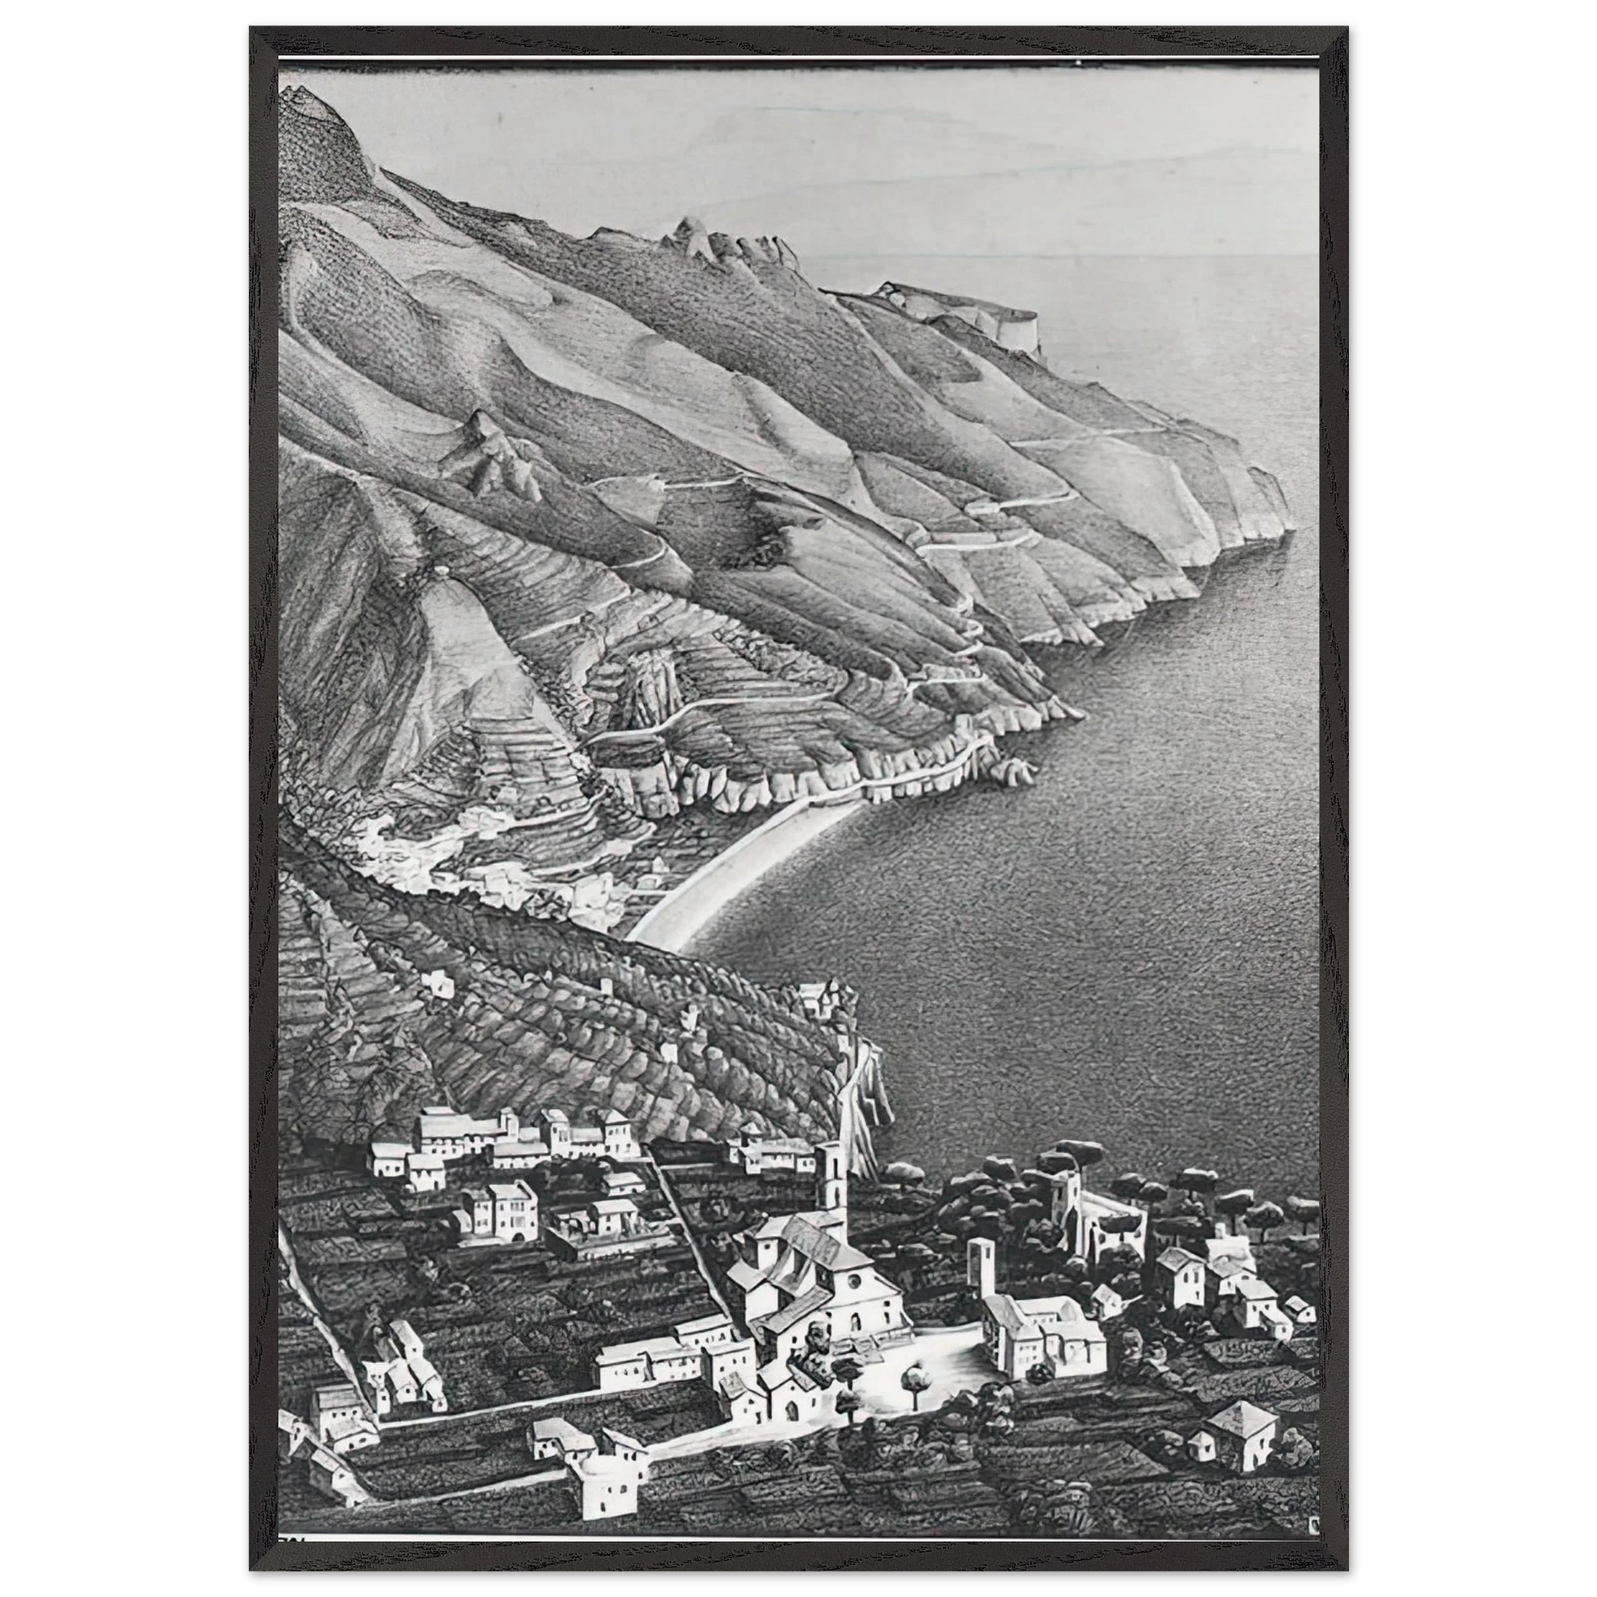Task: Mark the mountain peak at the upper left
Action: pos(310,103)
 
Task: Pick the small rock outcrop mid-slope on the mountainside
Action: pos(496,455)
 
